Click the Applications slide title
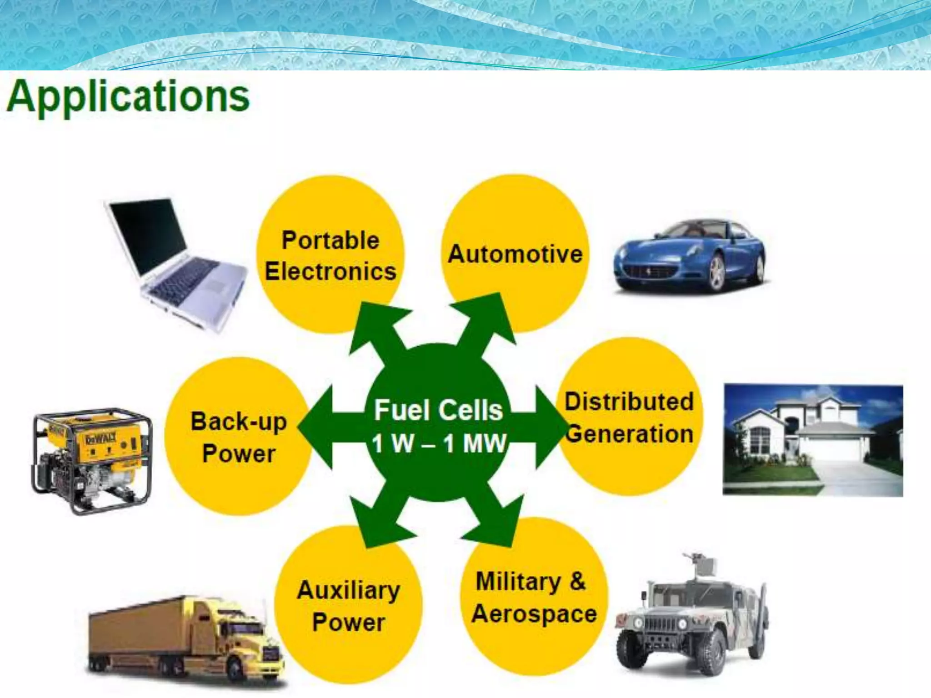coord(128,97)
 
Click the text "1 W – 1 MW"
coord(439,444)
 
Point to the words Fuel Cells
coord(439,410)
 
